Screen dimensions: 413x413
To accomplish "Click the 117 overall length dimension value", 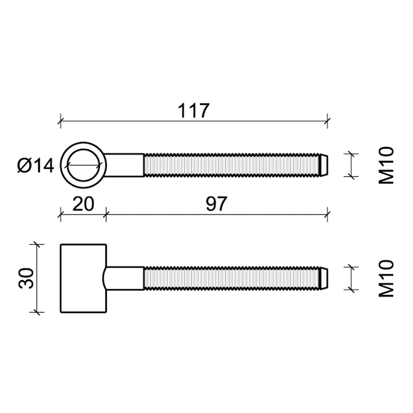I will (x=194, y=110).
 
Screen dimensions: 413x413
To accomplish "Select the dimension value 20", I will (x=83, y=204).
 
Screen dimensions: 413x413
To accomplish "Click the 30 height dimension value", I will (x=25, y=278).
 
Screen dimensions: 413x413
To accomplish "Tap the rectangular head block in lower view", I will (x=83, y=278).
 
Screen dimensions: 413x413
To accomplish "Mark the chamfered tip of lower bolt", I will (x=324, y=279).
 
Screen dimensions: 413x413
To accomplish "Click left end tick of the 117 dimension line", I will (x=61, y=122).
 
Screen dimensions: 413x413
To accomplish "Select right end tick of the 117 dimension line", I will (x=327, y=122).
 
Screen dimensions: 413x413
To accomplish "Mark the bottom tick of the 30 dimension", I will (x=36, y=312).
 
